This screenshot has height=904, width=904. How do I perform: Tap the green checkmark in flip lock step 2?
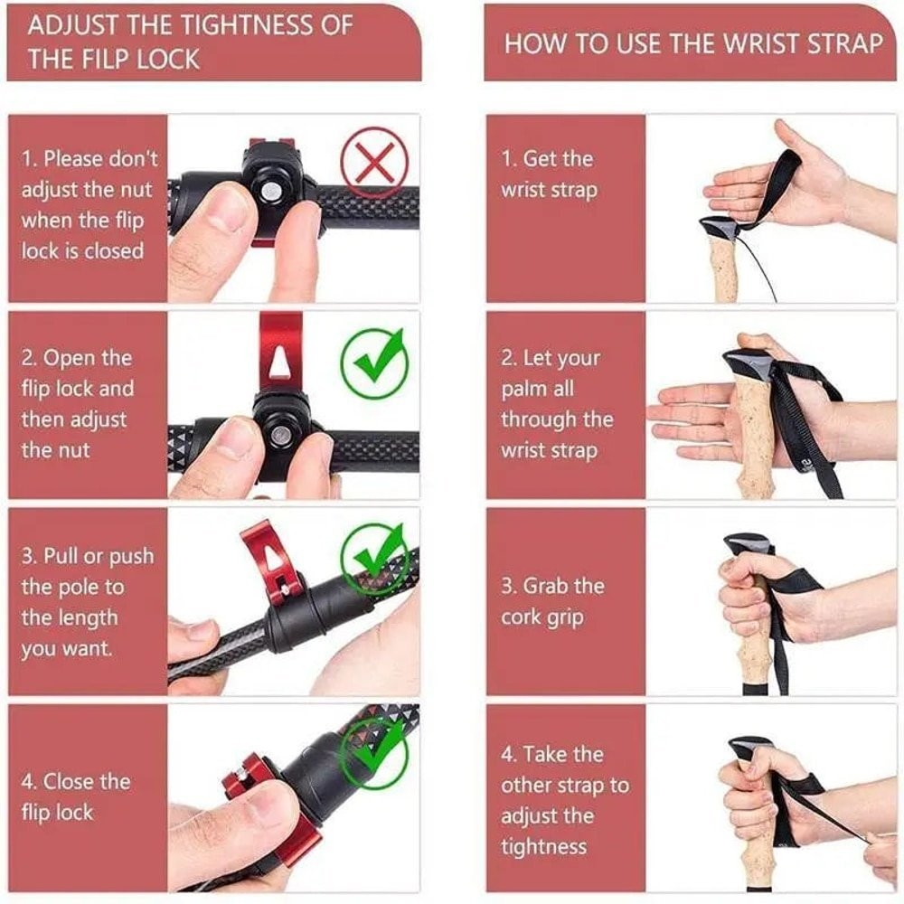[373, 361]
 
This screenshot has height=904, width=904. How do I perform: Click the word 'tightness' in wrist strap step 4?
[543, 846]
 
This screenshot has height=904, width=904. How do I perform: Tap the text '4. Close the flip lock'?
[76, 796]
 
